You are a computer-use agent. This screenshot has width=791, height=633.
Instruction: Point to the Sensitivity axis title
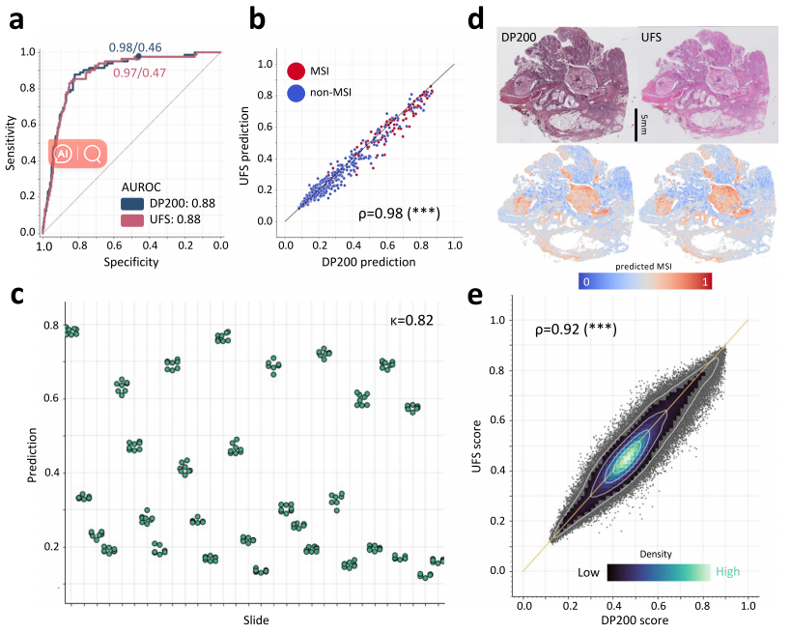click(x=12, y=141)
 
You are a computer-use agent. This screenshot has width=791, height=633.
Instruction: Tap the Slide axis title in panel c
click(x=254, y=619)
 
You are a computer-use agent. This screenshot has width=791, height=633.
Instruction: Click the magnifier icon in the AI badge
click(x=93, y=154)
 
